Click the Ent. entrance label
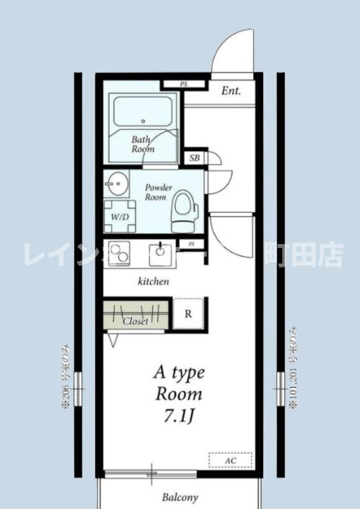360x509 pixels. (x=231, y=91)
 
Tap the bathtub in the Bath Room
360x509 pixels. (x=143, y=111)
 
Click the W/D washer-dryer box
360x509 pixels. (x=119, y=217)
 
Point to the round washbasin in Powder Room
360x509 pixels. (x=117, y=184)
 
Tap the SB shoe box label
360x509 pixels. (x=194, y=159)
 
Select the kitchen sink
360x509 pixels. (x=160, y=250)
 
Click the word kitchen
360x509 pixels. (x=153, y=282)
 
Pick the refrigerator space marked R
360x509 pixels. (x=188, y=314)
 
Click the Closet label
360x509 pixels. (x=135, y=322)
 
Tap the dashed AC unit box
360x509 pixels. (x=230, y=460)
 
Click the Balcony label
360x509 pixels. (x=180, y=497)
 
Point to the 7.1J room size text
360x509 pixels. (x=179, y=416)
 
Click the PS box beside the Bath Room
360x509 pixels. (x=183, y=85)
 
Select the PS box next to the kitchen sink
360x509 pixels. (x=191, y=244)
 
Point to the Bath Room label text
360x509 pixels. (x=143, y=144)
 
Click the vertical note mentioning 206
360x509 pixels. (x=65, y=377)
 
